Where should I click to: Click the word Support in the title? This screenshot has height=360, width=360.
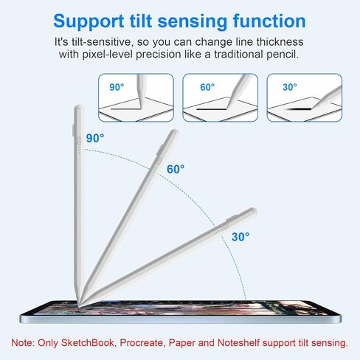(89, 21)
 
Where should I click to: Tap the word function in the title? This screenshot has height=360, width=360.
(269, 21)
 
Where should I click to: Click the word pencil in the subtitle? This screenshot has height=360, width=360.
(283, 55)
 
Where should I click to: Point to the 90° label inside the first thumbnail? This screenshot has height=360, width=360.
(117, 87)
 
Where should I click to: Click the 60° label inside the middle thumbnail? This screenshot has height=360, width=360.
(207, 87)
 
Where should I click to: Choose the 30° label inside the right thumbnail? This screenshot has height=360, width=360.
(290, 87)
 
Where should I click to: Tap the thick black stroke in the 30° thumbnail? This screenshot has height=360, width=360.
(298, 108)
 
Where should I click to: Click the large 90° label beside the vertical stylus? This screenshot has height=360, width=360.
(95, 138)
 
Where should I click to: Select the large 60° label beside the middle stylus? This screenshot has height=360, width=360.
(176, 169)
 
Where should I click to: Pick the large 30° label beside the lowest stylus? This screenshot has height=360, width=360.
(240, 237)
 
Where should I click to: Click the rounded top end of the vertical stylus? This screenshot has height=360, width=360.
(78, 108)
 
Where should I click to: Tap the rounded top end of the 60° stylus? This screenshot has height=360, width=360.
(175, 133)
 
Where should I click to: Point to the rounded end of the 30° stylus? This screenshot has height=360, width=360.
(252, 212)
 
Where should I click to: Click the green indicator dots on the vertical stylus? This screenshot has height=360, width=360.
(79, 150)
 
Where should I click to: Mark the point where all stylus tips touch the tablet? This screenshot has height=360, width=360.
(79, 307)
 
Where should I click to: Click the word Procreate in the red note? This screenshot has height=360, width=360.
(142, 343)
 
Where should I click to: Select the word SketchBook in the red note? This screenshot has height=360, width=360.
(88, 343)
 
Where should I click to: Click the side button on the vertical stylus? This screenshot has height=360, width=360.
(74, 130)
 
